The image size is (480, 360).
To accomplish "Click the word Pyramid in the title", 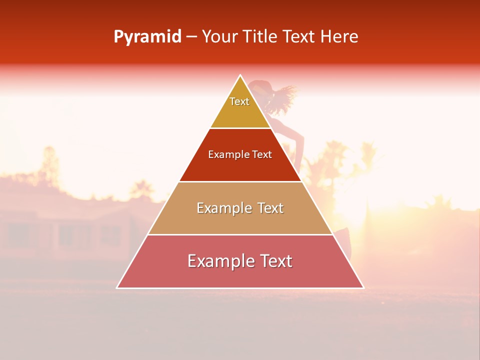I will tap(147, 37).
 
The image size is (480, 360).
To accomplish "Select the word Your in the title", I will tap(219, 37).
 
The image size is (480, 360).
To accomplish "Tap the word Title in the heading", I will tap(261, 37).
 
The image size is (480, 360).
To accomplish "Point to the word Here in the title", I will tap(339, 37).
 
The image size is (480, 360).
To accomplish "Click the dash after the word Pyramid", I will tap(191, 37).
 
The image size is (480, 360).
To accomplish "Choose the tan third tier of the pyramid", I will tap(240, 220).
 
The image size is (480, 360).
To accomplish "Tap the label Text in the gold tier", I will tap(239, 101).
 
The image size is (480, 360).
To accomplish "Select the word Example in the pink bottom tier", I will tap(220, 261).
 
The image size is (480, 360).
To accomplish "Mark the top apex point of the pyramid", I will tap(240, 75).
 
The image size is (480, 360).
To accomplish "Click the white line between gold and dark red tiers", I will tap(240, 128).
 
